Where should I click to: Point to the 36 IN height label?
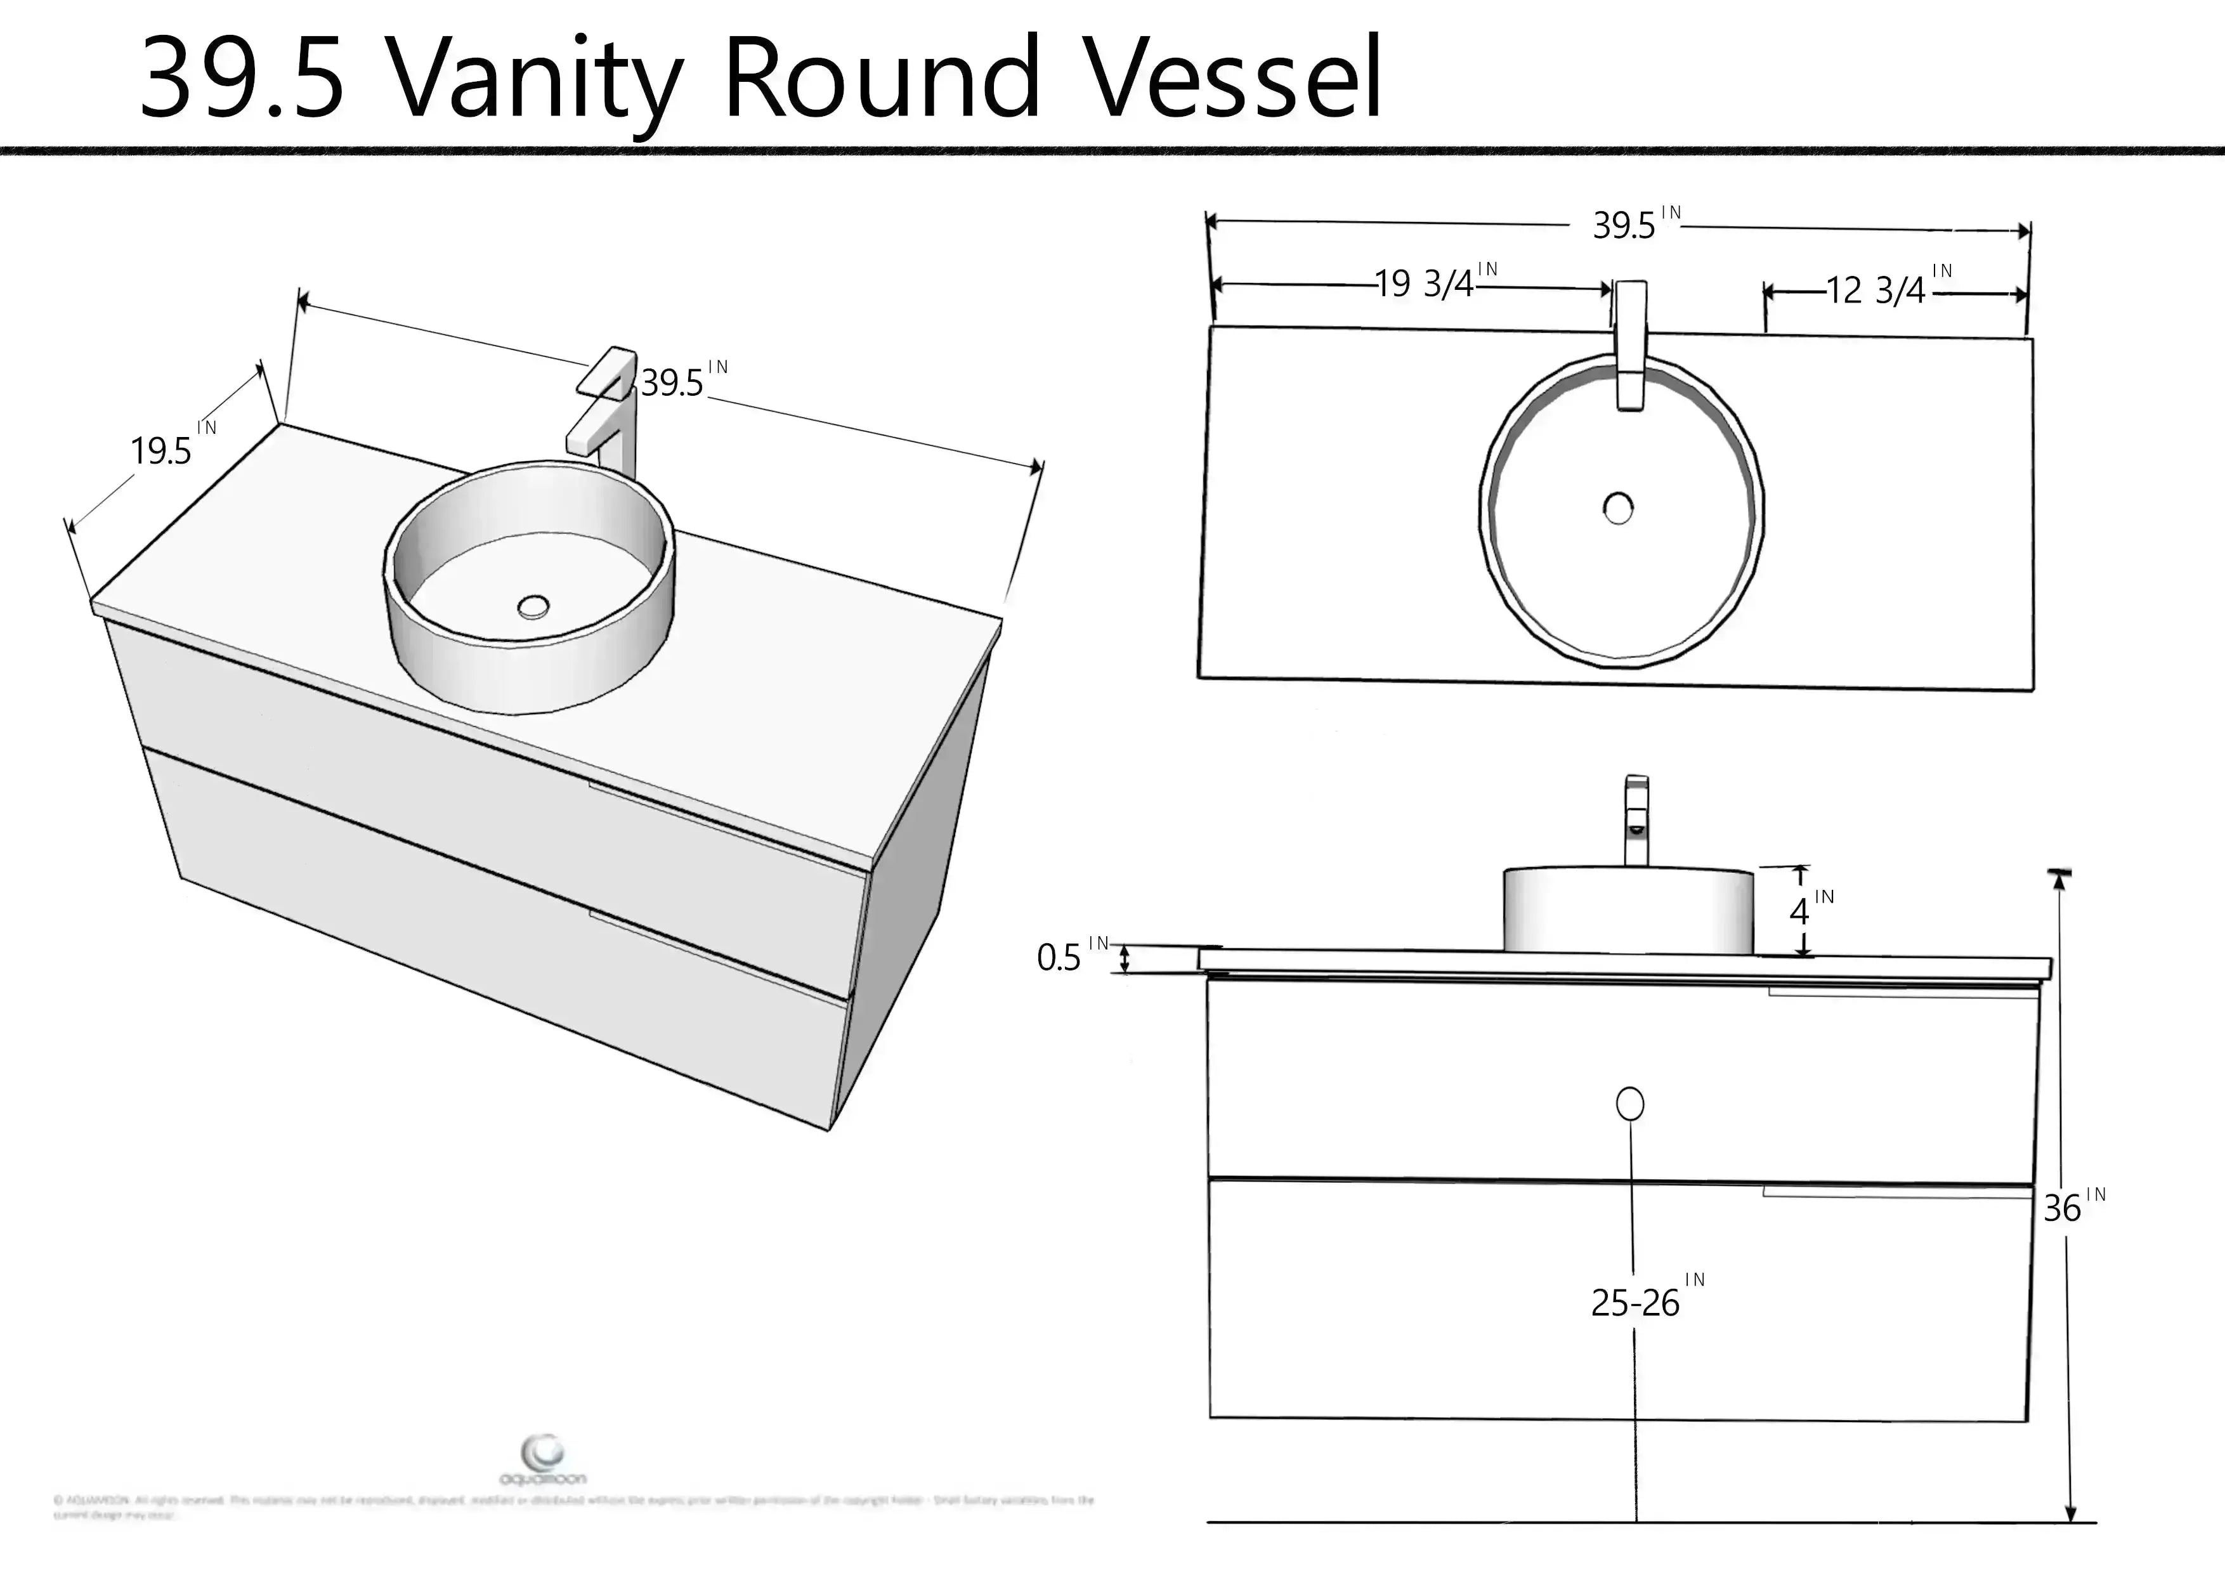[x=2072, y=1206]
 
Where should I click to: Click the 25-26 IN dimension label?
[x=1645, y=1301]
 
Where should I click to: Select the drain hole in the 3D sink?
[x=533, y=608]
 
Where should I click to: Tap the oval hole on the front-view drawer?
[x=1630, y=1104]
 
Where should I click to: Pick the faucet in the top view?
[x=1631, y=344]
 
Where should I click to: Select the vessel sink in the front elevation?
[x=1628, y=911]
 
